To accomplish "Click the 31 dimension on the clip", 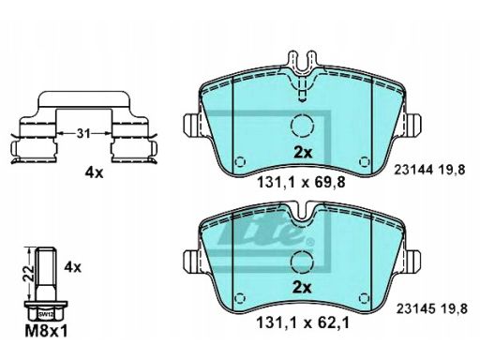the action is point(83,133).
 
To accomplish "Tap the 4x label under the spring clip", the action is point(94,172).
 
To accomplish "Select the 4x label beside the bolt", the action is point(72,267).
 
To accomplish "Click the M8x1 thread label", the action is point(46,332).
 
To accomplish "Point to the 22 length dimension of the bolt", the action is point(30,274).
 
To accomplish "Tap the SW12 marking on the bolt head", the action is point(45,314).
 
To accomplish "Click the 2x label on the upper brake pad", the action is point(303,153).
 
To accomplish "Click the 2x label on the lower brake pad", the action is point(302,288).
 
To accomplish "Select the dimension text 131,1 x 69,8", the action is point(301,182).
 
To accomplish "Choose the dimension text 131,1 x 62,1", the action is point(302,322).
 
